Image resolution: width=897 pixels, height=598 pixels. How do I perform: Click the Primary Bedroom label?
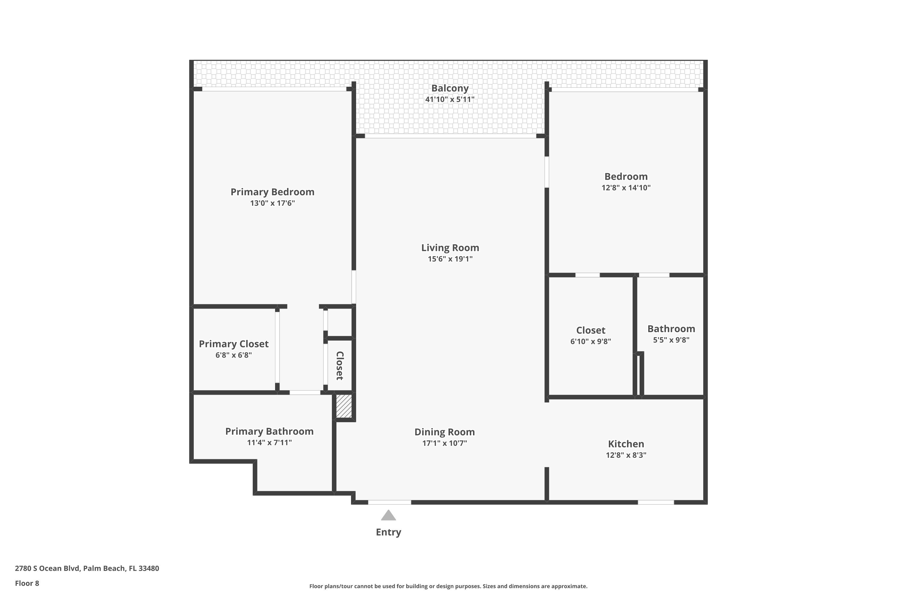click(272, 192)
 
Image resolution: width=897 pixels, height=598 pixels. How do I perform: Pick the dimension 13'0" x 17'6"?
click(272, 203)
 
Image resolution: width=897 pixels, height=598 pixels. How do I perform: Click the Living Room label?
click(450, 248)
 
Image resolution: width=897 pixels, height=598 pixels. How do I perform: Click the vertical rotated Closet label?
click(340, 366)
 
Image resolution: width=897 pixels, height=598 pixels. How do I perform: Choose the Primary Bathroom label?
click(269, 431)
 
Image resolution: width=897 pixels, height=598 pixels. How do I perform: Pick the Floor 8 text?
click(27, 583)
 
